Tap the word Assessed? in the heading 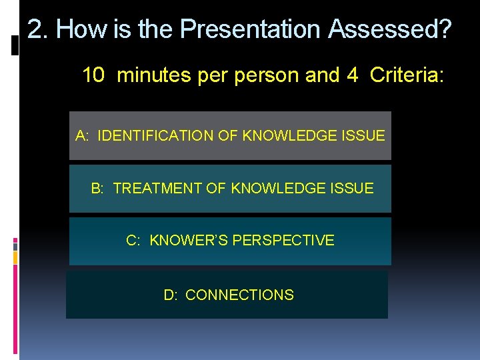pos(390,29)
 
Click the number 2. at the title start pos(38,29)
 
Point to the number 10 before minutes pos(94,75)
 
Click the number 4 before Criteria pos(352,75)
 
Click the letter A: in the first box pos(83,136)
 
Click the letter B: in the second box pos(97,189)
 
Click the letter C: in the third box pos(133,241)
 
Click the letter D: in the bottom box pos(171,295)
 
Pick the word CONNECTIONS pos(239,295)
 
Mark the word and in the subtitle pos(321,75)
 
